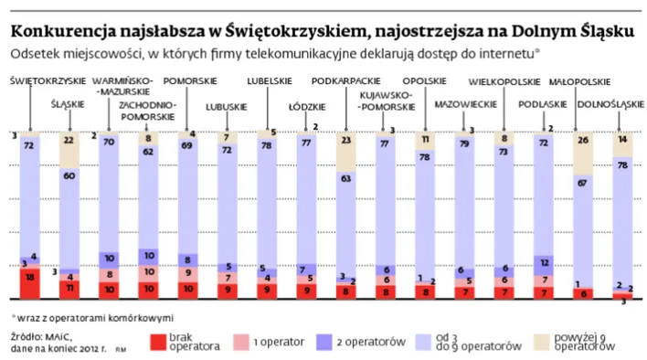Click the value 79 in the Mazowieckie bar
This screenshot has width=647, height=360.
(x=466, y=143)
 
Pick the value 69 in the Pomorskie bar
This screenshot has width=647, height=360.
(x=186, y=144)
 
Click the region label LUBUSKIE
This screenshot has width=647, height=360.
(x=228, y=105)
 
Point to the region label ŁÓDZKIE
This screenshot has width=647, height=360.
(x=306, y=105)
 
